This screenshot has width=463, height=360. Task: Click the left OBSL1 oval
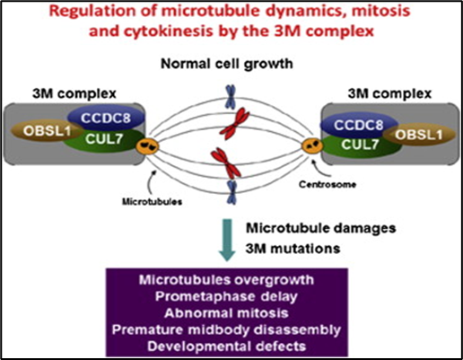pyautogui.click(x=45, y=131)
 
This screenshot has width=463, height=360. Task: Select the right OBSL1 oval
pyautogui.click(x=419, y=135)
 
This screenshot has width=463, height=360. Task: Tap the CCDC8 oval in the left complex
pyautogui.click(x=106, y=118)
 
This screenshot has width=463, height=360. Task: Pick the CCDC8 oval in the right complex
pyautogui.click(x=359, y=125)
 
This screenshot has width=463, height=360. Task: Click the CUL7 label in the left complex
pyautogui.click(x=104, y=139)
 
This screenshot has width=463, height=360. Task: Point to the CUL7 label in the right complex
pyautogui.click(x=360, y=145)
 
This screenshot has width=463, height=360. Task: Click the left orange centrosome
pyautogui.click(x=147, y=146)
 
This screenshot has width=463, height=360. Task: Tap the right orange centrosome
pyautogui.click(x=312, y=145)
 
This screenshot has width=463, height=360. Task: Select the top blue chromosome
pyautogui.click(x=231, y=96)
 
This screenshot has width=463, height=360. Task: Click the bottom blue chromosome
pyautogui.click(x=231, y=192)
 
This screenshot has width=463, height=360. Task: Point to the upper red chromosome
pyautogui.click(x=235, y=123)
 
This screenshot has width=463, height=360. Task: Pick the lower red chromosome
pyautogui.click(x=226, y=162)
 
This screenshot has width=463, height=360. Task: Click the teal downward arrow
pyautogui.click(x=228, y=240)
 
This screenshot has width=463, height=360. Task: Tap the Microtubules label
pyautogui.click(x=152, y=202)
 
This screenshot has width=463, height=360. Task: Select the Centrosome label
pyautogui.click(x=328, y=184)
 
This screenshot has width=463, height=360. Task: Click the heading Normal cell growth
pyautogui.click(x=227, y=64)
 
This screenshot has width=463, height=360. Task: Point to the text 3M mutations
pyautogui.click(x=293, y=249)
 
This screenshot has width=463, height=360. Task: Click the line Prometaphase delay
pyautogui.click(x=226, y=296)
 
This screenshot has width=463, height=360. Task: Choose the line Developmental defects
pyautogui.click(x=227, y=347)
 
